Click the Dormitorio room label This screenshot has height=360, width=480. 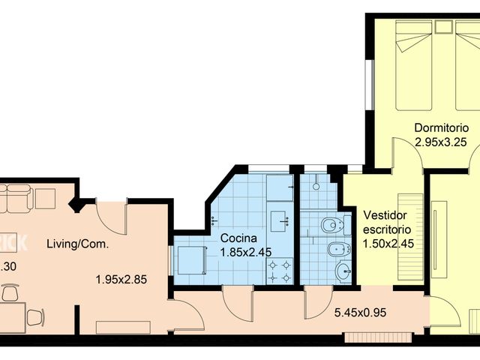(441, 127)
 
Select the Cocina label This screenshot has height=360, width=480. (238, 238)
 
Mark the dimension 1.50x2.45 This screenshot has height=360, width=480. (388, 243)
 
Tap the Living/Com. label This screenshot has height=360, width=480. (78, 244)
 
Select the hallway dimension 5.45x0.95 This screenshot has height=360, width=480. (361, 313)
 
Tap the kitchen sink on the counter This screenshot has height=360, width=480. (280, 219)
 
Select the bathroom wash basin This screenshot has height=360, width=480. (343, 271)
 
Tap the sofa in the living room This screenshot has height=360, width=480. (16, 198)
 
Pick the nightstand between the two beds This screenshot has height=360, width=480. (442, 27)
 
